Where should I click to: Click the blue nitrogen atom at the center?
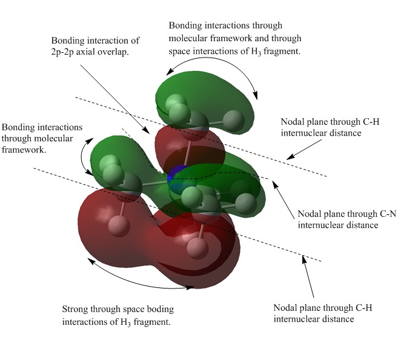point(176,176)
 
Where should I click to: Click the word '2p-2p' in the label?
point(62,52)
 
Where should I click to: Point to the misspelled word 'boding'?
point(161,310)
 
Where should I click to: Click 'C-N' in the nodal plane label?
point(387,214)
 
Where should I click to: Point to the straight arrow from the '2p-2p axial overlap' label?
point(115,99)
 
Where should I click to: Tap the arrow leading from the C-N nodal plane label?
point(284,200)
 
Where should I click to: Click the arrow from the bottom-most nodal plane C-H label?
point(308,276)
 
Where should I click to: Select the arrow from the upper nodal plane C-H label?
point(304,150)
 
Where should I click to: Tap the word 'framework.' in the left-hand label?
point(24,150)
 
